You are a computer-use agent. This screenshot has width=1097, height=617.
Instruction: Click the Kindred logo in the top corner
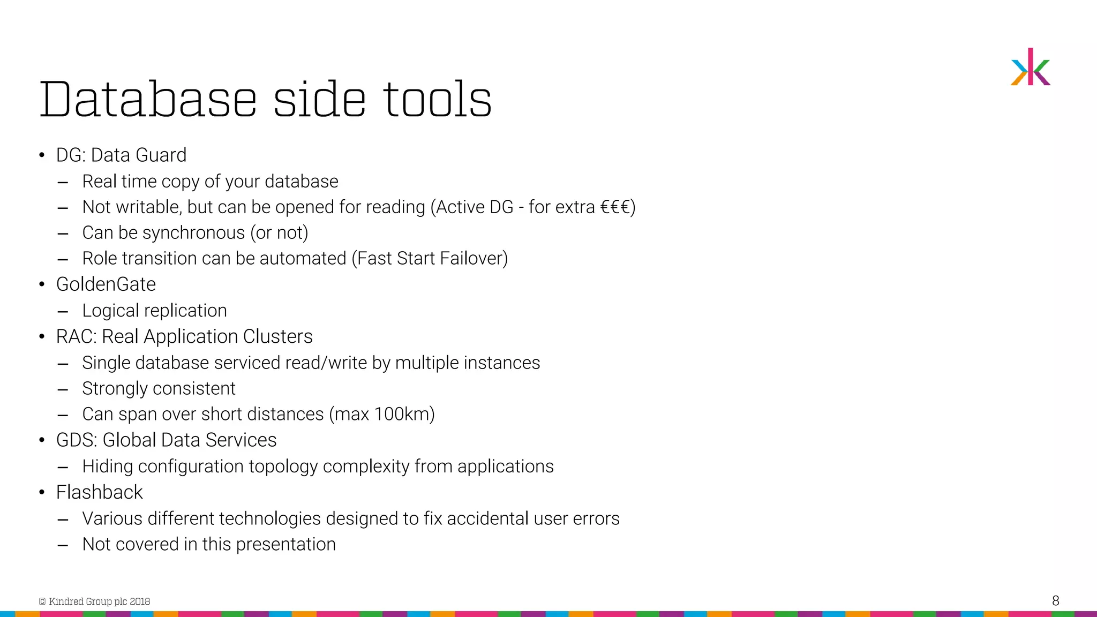click(x=1030, y=67)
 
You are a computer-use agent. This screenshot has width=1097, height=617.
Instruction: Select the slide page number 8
click(x=1055, y=600)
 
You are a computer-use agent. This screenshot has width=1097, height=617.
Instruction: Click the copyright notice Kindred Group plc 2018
click(x=95, y=601)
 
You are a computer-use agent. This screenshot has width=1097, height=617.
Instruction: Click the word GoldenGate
click(x=106, y=284)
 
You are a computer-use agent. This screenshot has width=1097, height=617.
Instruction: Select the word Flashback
click(x=100, y=492)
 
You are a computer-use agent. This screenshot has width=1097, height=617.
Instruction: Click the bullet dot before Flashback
click(x=42, y=492)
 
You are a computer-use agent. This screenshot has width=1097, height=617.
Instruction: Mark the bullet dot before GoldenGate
click(x=42, y=284)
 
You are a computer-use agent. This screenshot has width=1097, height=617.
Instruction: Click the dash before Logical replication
click(x=63, y=311)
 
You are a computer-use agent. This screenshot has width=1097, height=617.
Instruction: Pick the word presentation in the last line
click(x=285, y=545)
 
